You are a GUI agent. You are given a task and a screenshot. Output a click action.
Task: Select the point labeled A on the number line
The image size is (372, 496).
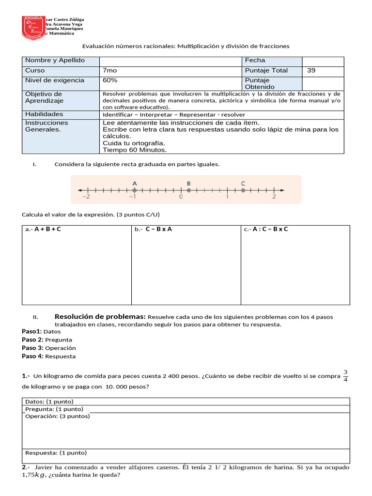(x=135, y=190)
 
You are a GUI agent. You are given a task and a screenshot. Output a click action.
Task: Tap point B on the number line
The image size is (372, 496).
(x=188, y=190)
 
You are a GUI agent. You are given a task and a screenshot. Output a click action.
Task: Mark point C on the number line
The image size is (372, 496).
(x=243, y=190)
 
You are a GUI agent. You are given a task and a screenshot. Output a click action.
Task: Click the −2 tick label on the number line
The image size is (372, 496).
(x=86, y=197)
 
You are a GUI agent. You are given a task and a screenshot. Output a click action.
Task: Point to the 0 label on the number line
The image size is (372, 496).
(x=181, y=197)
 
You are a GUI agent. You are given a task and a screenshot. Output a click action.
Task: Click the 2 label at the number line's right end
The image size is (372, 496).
(x=274, y=197)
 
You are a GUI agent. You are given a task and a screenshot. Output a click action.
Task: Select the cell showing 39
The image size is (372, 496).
(x=311, y=71)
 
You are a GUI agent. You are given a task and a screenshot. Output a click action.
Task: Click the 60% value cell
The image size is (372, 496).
(x=110, y=80)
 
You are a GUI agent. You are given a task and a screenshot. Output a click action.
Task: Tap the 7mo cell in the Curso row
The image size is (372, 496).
(x=110, y=71)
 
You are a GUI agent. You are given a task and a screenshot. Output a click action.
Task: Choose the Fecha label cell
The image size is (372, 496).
(x=255, y=61)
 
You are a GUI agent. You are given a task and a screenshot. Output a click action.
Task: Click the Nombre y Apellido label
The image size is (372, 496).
(x=55, y=61)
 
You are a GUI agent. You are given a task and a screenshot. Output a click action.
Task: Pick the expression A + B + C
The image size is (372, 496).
(x=47, y=230)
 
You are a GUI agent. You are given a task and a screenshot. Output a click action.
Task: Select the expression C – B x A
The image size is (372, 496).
(x=158, y=230)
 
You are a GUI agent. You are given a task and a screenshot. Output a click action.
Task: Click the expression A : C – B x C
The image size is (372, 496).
(x=270, y=230)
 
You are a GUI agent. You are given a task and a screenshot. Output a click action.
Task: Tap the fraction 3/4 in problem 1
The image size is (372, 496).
(x=345, y=376)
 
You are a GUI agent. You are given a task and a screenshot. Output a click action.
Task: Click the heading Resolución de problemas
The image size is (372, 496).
(x=100, y=316)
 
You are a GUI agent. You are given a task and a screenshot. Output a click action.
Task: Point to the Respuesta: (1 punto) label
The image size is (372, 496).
(x=56, y=453)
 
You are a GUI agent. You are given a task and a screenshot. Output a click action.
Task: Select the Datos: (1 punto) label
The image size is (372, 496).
(x=49, y=402)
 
